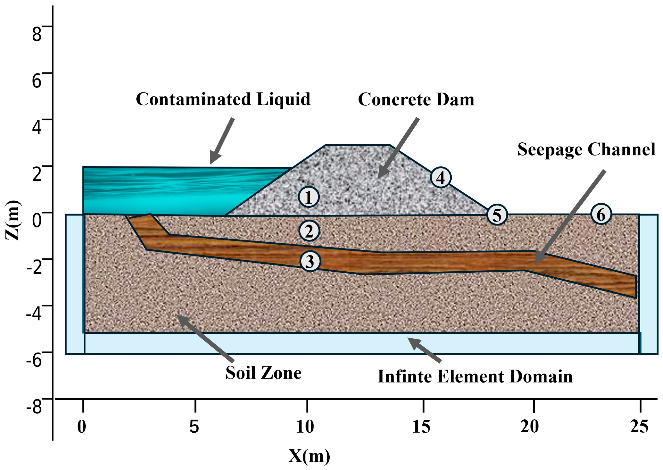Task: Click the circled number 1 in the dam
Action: point(308,197)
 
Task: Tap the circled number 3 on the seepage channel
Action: point(310,261)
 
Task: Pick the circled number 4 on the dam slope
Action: point(440,177)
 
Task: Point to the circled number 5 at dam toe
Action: point(497,215)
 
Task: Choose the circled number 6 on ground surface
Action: point(601,214)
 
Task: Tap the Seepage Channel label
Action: point(586,150)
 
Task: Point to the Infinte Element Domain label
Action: point(475,377)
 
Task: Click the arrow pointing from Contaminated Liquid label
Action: point(222,141)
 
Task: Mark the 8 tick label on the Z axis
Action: point(37,34)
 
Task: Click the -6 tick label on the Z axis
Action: point(34,360)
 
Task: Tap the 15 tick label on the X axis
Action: point(421,427)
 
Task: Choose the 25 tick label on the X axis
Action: point(639,427)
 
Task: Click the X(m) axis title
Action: point(309,456)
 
